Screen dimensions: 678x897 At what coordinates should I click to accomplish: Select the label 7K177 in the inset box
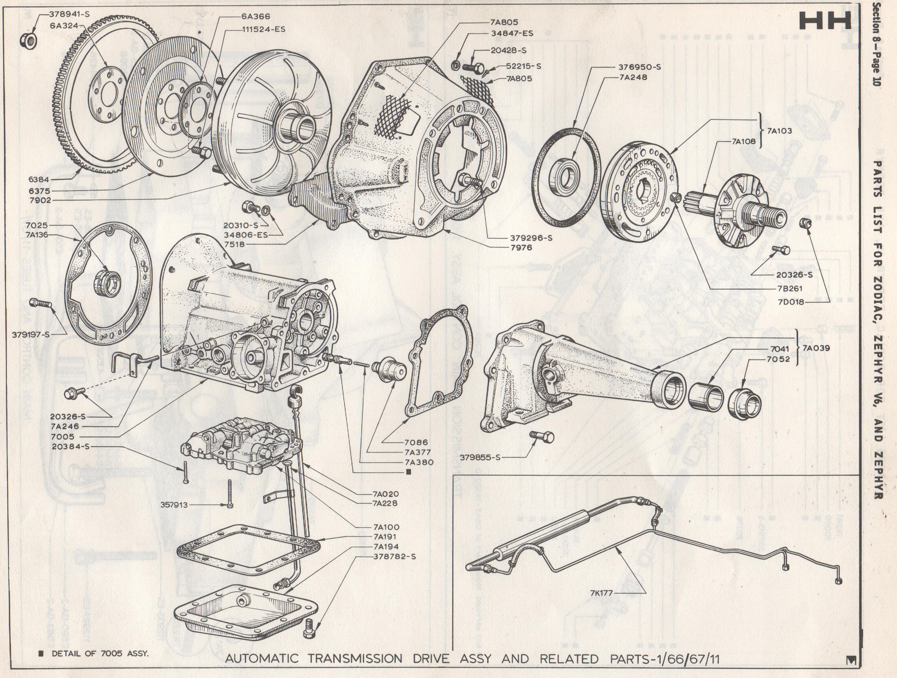[602, 593]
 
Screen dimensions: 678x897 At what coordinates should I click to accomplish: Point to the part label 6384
[39, 178]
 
